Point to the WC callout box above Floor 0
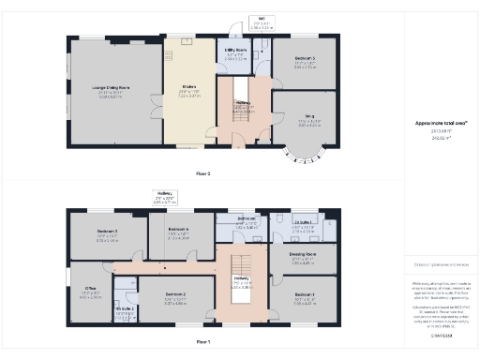259,23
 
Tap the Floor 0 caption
203,173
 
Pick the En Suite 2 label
124,308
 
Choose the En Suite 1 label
304,223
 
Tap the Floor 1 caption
203,343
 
